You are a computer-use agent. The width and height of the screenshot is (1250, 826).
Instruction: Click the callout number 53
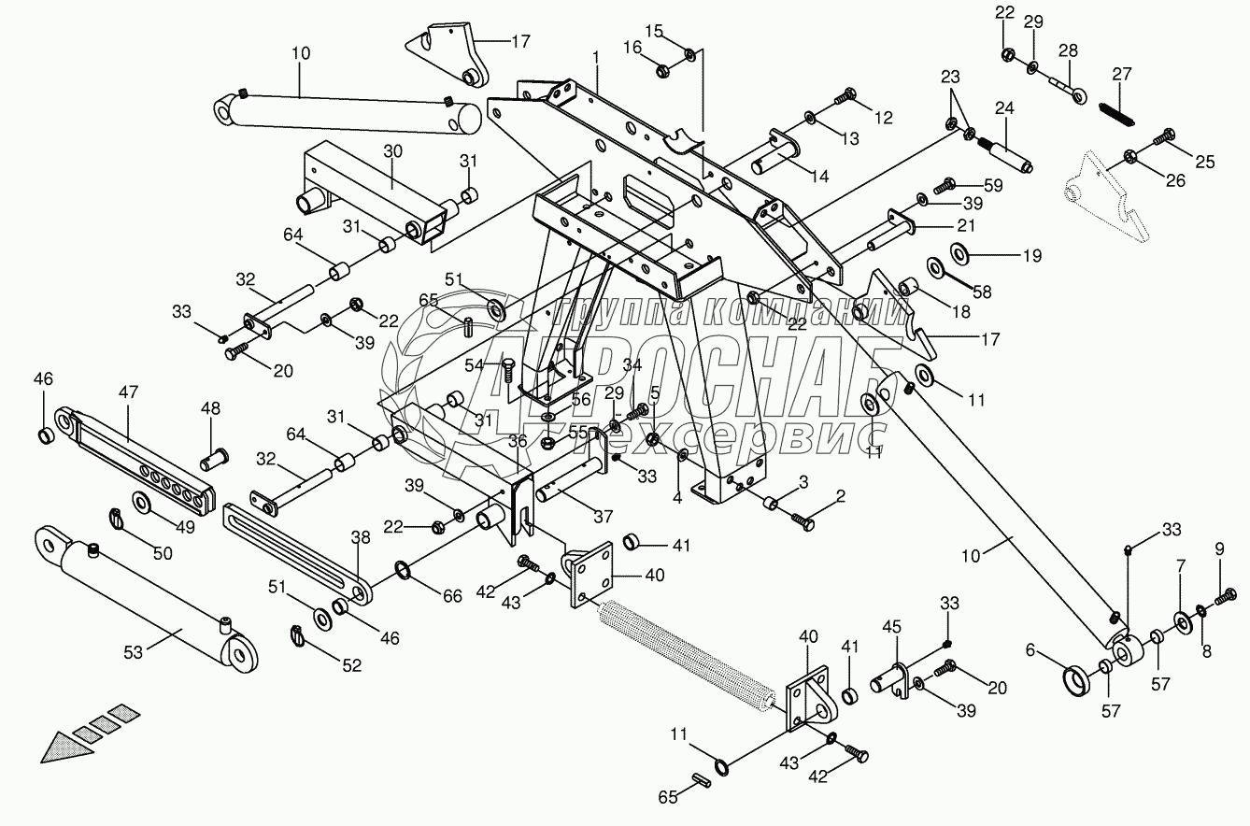134,652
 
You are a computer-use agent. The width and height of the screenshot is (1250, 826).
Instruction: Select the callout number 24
1003,107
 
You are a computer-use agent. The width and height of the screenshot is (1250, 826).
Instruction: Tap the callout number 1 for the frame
596,58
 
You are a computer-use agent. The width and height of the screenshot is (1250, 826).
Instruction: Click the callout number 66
452,595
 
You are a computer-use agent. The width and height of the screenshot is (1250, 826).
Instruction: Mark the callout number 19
1006,254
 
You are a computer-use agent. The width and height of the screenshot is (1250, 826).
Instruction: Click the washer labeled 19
959,253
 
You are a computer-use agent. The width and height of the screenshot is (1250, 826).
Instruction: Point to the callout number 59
992,186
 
